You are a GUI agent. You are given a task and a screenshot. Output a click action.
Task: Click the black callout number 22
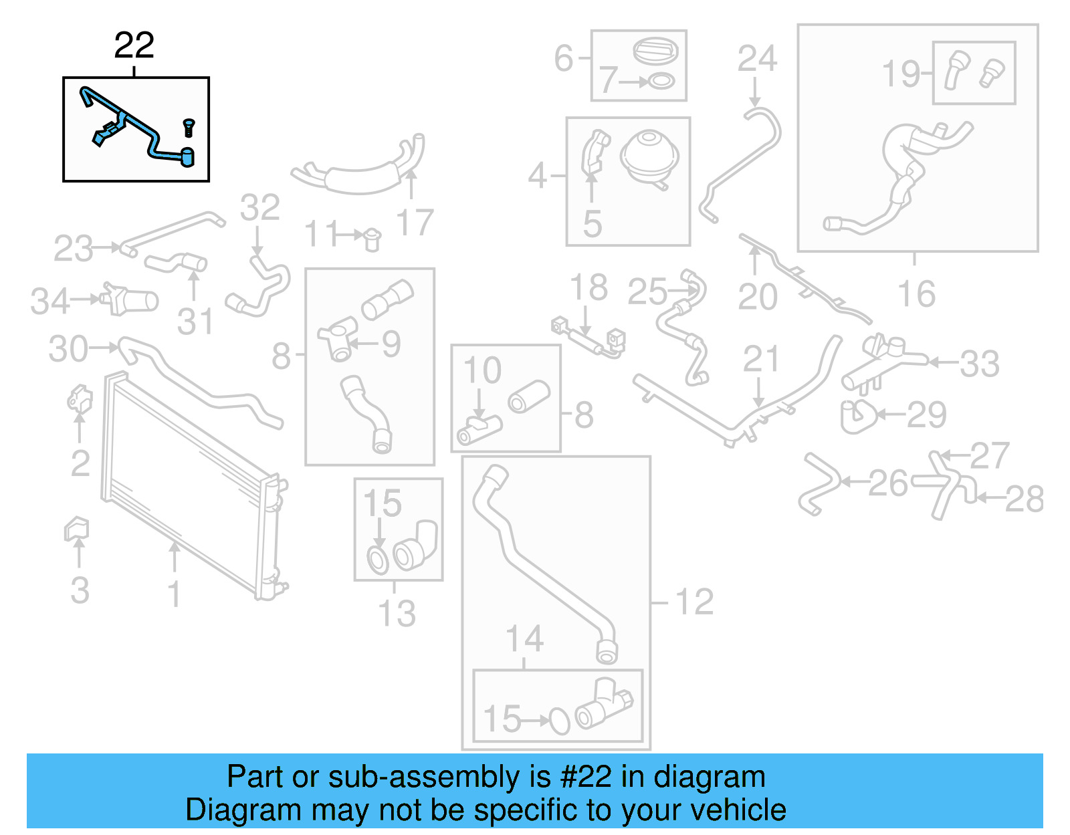coord(134,45)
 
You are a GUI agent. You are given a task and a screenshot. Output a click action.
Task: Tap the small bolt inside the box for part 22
coord(189,127)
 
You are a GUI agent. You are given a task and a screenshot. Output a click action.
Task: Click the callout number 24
coord(757,59)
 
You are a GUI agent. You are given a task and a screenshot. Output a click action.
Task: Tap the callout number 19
coord(901,74)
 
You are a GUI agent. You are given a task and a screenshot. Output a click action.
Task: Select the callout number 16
coord(916,294)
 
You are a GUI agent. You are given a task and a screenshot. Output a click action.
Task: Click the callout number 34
coord(50,302)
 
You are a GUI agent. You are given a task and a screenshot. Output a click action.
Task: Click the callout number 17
coord(415,223)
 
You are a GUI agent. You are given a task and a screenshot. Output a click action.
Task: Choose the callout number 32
coord(259,208)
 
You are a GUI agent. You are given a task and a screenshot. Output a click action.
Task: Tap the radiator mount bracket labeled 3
coord(76,529)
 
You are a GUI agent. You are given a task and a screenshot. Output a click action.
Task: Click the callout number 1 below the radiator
coord(174,594)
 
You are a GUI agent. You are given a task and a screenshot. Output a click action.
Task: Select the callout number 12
coord(694,602)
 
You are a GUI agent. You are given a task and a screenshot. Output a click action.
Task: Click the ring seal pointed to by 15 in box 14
coord(559,721)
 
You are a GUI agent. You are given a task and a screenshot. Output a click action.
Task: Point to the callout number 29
coord(926,414)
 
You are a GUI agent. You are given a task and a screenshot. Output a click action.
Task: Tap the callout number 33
coord(979,364)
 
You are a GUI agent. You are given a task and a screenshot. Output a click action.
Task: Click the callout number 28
coord(1024,499)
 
